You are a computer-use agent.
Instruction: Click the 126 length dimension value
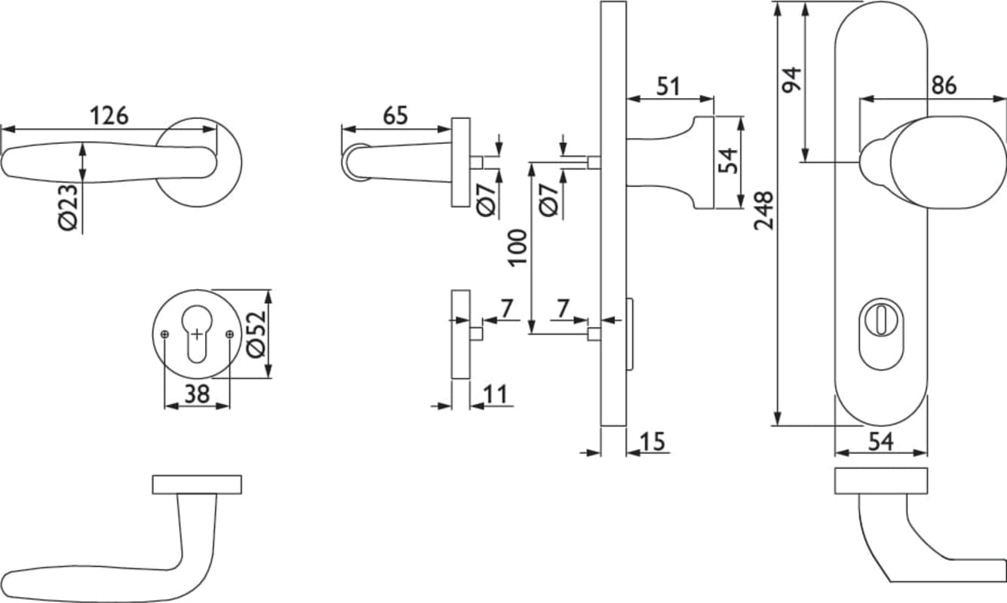[109, 116]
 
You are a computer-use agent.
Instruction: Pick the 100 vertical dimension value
[517, 246]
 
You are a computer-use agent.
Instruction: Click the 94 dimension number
[791, 80]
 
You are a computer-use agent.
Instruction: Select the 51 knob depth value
[668, 86]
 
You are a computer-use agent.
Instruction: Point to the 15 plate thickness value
[653, 441]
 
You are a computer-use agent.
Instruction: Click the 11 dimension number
[494, 393]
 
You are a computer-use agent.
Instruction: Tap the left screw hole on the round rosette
[164, 334]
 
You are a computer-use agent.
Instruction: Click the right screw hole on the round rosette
[229, 334]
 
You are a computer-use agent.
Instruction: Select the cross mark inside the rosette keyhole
[197, 333]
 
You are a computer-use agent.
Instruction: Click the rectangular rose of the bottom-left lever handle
[197, 485]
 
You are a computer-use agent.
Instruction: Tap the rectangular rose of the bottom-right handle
[881, 481]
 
